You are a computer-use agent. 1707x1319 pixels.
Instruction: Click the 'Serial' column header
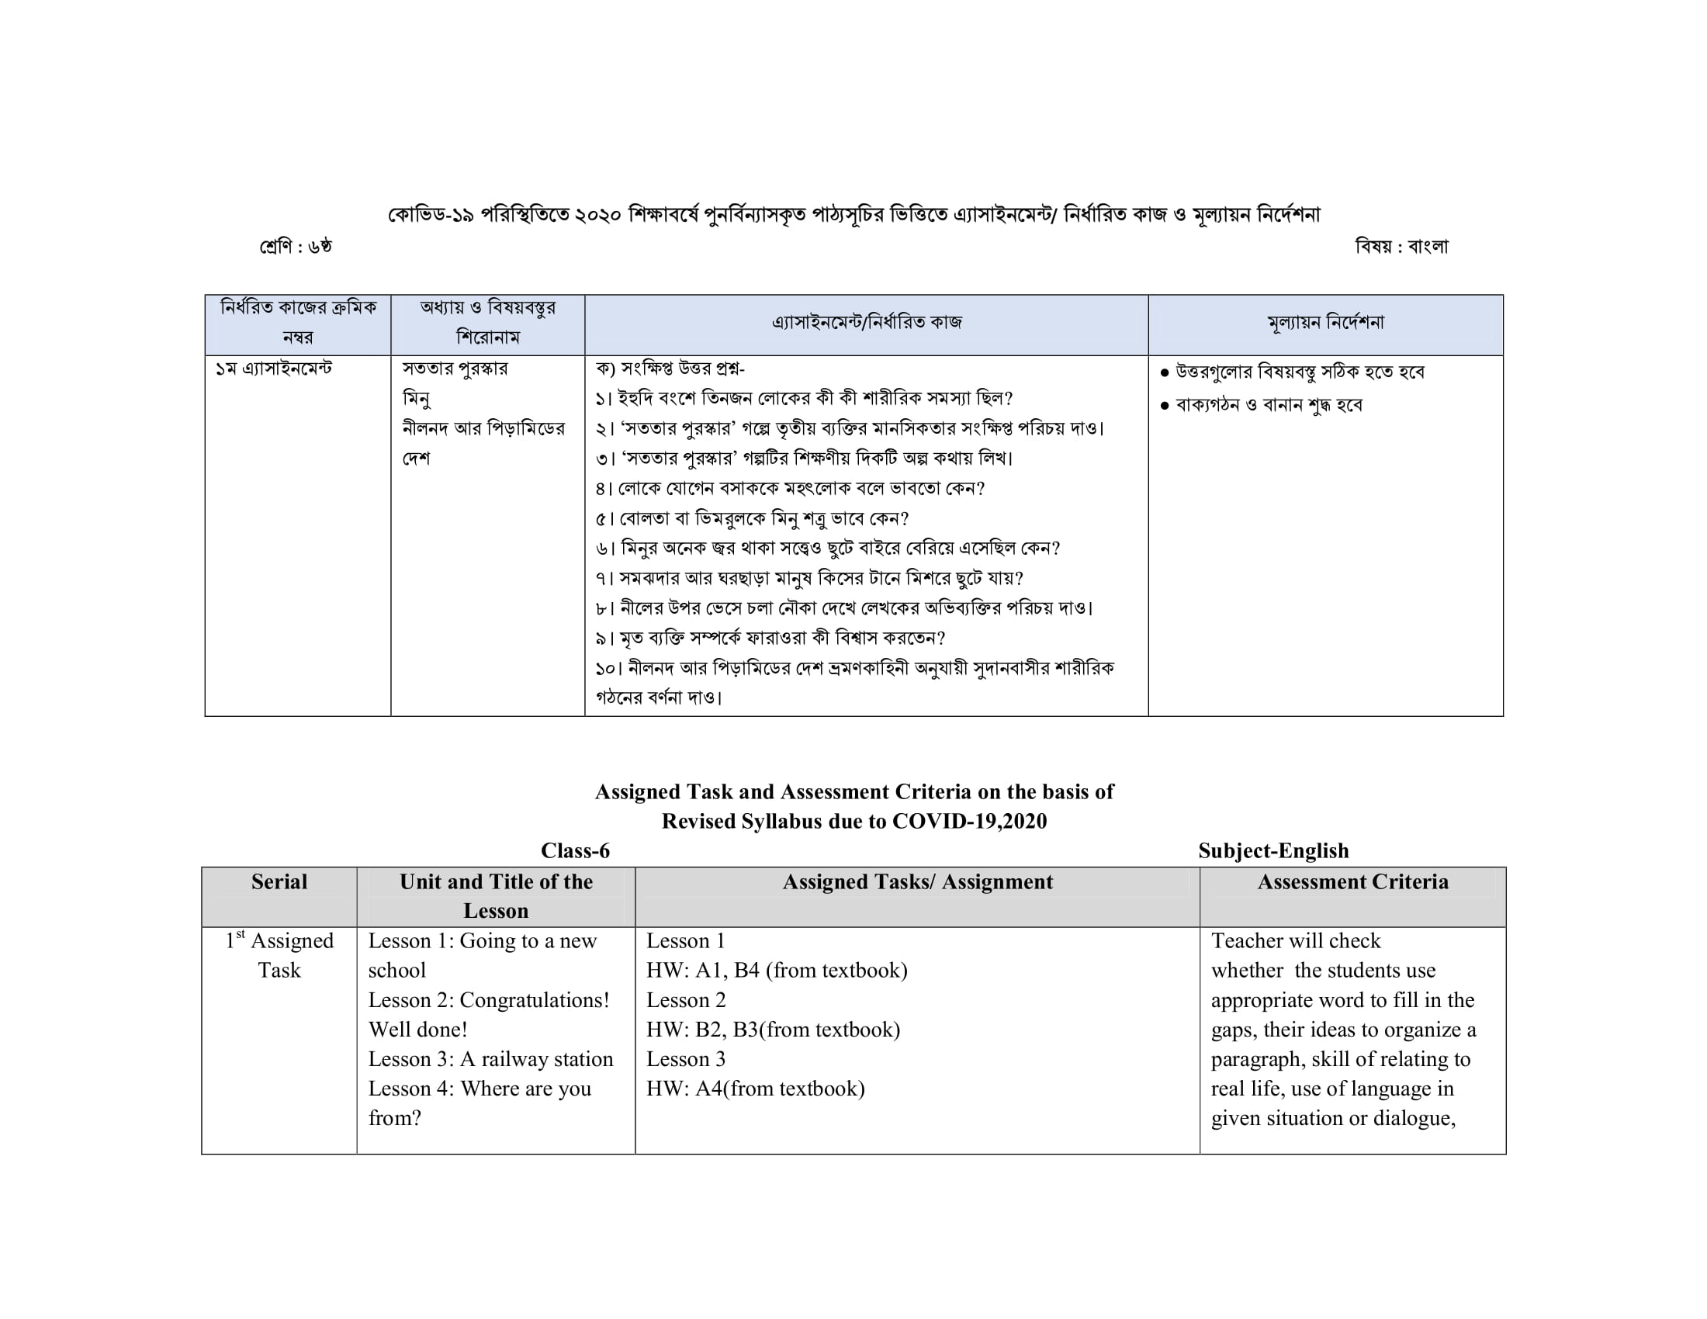point(279,882)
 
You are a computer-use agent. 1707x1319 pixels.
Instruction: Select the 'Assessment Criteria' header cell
point(1352,882)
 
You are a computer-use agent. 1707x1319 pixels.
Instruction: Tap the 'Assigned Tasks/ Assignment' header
point(918,882)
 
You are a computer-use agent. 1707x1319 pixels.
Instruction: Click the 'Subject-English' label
point(1273,851)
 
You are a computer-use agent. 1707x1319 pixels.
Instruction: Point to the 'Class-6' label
point(575,851)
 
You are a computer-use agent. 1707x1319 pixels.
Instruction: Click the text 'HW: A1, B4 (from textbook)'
point(777,971)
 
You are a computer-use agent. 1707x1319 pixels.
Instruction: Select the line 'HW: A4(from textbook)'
point(755,1089)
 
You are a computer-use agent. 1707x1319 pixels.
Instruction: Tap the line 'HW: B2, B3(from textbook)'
point(773,1030)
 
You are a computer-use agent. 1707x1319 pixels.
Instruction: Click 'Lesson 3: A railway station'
point(491,1060)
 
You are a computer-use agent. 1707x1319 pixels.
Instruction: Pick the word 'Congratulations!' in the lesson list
point(535,1000)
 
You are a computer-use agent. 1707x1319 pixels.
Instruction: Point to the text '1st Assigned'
point(279,941)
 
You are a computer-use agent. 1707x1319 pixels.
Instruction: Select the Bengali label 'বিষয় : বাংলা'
point(1401,247)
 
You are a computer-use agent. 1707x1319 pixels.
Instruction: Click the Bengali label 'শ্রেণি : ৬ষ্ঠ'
point(296,247)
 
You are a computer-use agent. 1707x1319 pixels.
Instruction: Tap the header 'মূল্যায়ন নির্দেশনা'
point(1325,323)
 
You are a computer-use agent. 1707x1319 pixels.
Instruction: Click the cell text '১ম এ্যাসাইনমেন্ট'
point(274,368)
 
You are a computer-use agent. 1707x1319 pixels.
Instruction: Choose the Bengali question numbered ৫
point(752,519)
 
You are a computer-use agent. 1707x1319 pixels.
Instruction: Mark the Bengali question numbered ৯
point(770,639)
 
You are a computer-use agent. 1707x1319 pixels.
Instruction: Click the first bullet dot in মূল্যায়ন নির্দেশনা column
point(1165,372)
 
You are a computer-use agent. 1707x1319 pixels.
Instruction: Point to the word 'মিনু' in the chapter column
point(417,399)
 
